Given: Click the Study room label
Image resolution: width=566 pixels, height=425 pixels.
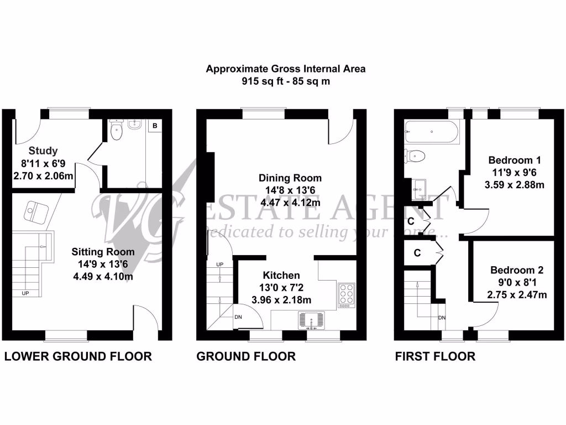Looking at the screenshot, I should pyautogui.click(x=43, y=150).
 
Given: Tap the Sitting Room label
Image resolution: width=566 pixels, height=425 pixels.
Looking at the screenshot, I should pyautogui.click(x=103, y=251).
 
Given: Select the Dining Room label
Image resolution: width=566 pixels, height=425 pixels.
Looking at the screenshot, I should pyautogui.click(x=290, y=178).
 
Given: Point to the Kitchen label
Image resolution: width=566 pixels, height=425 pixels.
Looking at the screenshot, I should pyautogui.click(x=281, y=275).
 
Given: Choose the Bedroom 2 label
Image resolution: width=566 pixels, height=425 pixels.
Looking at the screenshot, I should pyautogui.click(x=517, y=271).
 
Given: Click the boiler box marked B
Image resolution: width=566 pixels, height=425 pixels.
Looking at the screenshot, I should pyautogui.click(x=155, y=126).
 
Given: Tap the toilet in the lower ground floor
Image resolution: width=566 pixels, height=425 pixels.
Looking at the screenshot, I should pyautogui.click(x=116, y=131).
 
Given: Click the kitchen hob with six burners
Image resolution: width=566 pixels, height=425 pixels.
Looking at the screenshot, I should pyautogui.click(x=347, y=294).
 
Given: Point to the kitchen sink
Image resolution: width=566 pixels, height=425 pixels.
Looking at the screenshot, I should pyautogui.click(x=313, y=320).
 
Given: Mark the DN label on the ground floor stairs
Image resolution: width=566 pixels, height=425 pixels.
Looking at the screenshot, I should pyautogui.click(x=238, y=317).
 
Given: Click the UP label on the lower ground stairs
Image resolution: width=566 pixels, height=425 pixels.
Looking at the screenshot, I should pyautogui.click(x=25, y=293).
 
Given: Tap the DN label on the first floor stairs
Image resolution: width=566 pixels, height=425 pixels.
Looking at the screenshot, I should pyautogui.click(x=442, y=318).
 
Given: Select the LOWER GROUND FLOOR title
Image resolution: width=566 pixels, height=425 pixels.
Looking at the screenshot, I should pyautogui.click(x=78, y=356).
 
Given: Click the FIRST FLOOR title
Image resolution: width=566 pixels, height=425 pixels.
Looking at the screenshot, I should pyautogui.click(x=435, y=356).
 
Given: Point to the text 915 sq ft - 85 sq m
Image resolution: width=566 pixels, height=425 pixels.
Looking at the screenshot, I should pyautogui.click(x=286, y=81).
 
